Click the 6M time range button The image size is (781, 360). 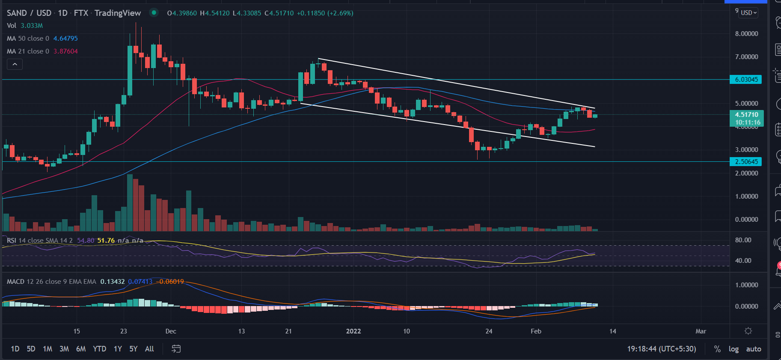81,349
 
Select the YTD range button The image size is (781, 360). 100,349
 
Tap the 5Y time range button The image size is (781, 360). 134,349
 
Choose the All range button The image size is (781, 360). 149,349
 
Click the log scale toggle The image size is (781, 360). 733,349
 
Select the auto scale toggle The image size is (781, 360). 754,349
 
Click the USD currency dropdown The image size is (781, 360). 749,13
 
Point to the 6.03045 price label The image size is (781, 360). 746,80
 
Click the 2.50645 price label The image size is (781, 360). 746,162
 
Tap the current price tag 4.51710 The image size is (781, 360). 746,115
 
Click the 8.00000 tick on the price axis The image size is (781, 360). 746,34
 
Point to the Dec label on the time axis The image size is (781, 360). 171,331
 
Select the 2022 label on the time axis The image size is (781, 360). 353,331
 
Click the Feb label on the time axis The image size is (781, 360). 536,331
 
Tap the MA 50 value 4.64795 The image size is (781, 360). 65,39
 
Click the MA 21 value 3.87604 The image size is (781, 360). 65,51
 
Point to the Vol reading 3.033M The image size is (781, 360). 32,26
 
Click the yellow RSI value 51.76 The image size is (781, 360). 106,241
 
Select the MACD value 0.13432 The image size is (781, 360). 113,282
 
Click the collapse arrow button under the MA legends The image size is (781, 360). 15,64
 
